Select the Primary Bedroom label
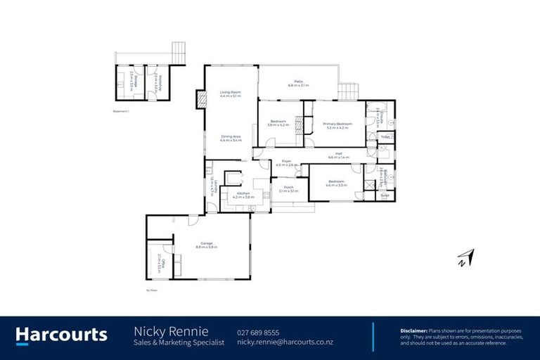(336, 124)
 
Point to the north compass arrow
(465, 258)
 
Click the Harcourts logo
(62, 335)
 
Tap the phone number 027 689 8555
(258, 332)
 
